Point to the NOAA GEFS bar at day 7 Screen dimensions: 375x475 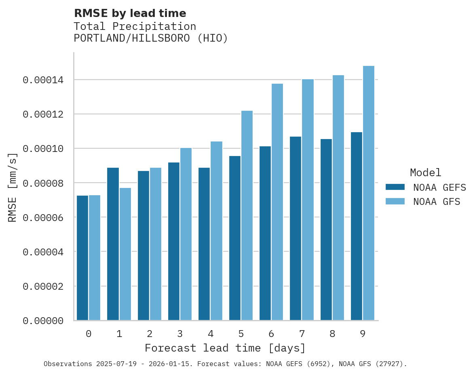coord(296,228)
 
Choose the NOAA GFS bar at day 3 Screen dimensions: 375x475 coord(186,234)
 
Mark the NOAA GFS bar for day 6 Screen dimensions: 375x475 coord(277,202)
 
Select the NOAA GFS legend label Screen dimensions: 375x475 coord(437,202)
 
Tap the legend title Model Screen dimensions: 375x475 coord(425,173)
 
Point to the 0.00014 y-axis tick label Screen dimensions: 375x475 coord(43,80)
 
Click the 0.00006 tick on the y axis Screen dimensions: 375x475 coord(43,217)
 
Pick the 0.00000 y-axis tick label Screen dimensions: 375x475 coord(43,321)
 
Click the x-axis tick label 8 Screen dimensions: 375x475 coord(332,334)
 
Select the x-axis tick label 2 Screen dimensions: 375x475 coord(150,334)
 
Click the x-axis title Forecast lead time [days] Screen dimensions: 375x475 coord(225,348)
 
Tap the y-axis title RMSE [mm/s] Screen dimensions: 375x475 coord(13,187)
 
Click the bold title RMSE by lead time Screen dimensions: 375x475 coord(130,13)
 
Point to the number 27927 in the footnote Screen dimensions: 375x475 coord(390,364)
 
